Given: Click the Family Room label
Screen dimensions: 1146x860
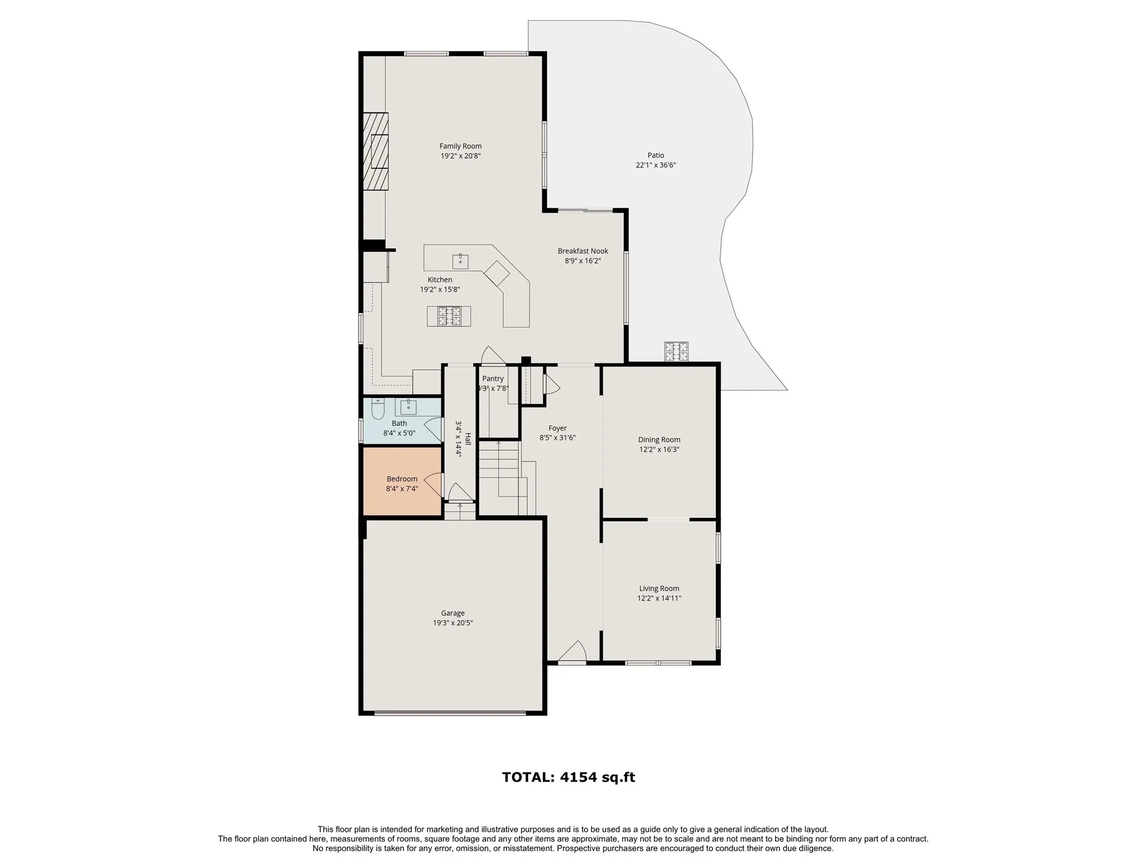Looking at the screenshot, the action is [x=461, y=146].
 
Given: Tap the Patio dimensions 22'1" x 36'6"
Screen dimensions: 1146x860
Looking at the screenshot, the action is [x=656, y=165].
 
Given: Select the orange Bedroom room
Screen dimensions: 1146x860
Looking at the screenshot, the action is [x=402, y=480].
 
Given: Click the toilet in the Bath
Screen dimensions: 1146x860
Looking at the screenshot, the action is [x=378, y=410].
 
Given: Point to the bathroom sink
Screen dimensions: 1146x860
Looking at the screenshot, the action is [x=408, y=406].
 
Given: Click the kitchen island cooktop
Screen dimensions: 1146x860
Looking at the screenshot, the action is [x=449, y=316].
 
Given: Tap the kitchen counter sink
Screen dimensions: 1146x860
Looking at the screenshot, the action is [x=461, y=261].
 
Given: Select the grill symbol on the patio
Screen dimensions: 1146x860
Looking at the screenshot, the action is [x=676, y=352].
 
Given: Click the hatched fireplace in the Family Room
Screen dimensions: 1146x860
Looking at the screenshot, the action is [x=375, y=152].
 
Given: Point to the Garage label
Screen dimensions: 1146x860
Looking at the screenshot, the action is [x=453, y=613].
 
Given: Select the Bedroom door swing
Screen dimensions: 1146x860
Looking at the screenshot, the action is [x=434, y=485].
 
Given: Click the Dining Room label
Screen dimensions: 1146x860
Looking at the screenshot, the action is [x=659, y=440].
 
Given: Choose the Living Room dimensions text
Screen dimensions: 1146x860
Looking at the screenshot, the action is [x=659, y=598].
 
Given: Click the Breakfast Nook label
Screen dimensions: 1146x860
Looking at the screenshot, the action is [x=583, y=251].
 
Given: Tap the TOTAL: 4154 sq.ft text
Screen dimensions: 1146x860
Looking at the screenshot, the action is [x=569, y=777].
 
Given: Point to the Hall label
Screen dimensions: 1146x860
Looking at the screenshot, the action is [x=468, y=439].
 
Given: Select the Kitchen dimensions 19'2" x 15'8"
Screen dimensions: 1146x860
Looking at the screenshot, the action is [x=440, y=289].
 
